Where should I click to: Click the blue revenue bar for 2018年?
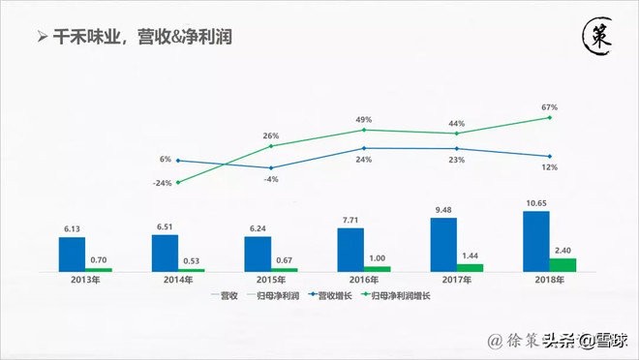click(536, 241)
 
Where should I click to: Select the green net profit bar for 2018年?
click(563, 264)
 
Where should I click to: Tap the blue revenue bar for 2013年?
click(73, 253)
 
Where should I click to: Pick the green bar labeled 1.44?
click(470, 267)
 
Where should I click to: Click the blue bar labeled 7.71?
click(350, 250)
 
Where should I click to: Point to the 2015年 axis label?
click(258, 280)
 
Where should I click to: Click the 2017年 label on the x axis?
click(443, 280)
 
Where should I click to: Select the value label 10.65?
click(536, 202)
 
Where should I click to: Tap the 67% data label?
click(550, 106)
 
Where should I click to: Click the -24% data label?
click(165, 183)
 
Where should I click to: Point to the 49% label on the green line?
click(364, 118)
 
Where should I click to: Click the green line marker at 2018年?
click(550, 117)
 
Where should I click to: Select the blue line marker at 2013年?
click(178, 161)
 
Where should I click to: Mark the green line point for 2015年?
click(271, 146)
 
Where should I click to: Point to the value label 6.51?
click(165, 226)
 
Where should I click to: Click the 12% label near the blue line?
click(550, 167)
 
